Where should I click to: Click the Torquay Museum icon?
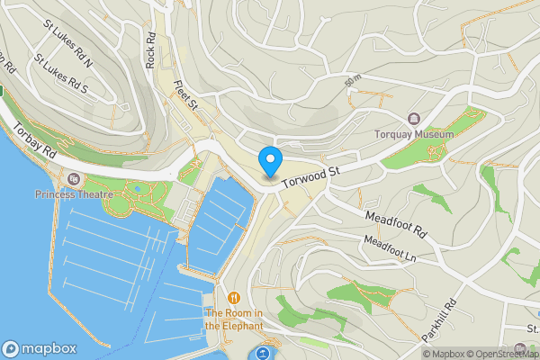(413, 119)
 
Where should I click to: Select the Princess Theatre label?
(75, 193)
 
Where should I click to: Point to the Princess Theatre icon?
(73, 178)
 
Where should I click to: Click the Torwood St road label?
(311, 175)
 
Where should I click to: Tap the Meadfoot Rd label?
(395, 224)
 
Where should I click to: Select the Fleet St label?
(185, 95)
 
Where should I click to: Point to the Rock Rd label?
(150, 50)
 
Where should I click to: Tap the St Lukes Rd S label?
(61, 75)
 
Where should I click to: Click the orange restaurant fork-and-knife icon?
(234, 297)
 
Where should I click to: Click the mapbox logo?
(40, 348)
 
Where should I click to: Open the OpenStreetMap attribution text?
(504, 354)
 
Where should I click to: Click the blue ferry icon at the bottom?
(263, 354)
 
